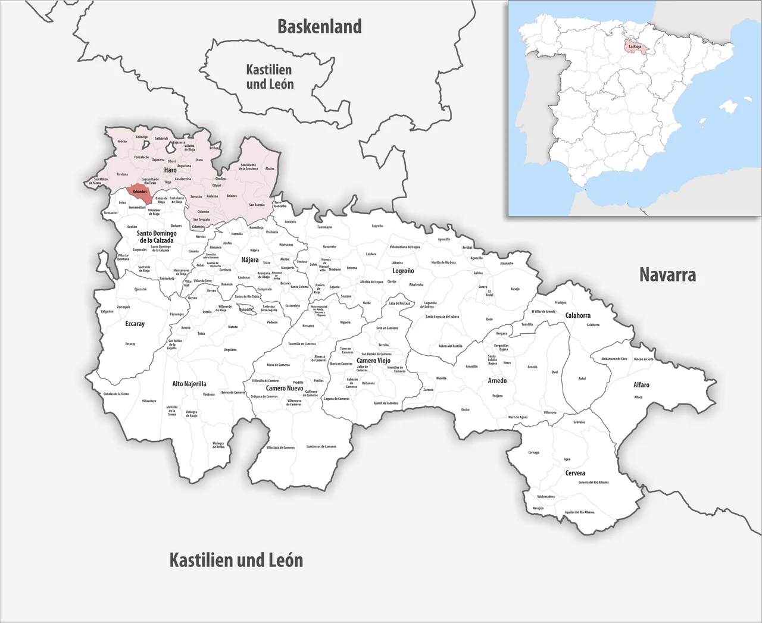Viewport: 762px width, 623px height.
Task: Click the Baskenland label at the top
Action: (320, 27)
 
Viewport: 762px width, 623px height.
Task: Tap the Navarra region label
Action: (667, 274)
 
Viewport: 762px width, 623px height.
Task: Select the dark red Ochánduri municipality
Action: (140, 191)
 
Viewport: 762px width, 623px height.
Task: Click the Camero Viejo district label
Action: (373, 361)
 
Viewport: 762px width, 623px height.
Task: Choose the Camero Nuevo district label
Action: (284, 388)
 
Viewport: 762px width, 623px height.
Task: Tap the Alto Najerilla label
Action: (189, 384)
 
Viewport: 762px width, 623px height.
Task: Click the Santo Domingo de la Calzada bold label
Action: (156, 237)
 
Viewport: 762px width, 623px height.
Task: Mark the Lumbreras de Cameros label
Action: (321, 446)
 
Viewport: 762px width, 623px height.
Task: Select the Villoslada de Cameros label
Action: (280, 447)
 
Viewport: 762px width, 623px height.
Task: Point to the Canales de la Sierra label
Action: (116, 394)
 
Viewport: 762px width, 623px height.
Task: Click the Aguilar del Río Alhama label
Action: (579, 512)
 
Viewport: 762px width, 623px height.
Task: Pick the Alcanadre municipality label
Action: (507, 263)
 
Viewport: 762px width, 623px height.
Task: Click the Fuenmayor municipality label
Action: (325, 227)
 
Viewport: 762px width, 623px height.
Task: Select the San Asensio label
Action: (256, 205)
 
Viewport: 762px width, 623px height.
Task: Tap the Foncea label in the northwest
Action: (122, 141)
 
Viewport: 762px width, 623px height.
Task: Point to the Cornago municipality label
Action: (533, 452)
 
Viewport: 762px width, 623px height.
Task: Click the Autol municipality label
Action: (582, 378)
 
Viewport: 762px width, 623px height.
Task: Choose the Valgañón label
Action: (107, 311)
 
